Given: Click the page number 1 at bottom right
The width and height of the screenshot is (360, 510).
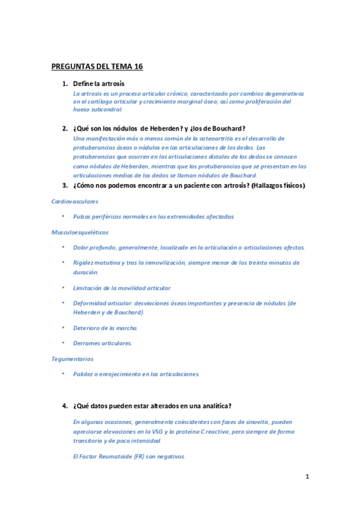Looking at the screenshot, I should click(307, 477).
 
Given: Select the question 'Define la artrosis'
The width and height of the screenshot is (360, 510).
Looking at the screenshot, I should click(99, 84).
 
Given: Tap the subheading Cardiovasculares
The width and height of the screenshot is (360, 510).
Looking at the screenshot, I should click(75, 201).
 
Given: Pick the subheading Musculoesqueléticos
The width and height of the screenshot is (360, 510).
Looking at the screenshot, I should click(80, 232).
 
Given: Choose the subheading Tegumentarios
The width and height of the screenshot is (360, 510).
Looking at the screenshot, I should click(72, 358).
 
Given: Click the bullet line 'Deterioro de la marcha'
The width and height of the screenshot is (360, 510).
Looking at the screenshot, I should click(105, 328).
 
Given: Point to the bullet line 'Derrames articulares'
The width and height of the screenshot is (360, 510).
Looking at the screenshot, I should click(102, 343).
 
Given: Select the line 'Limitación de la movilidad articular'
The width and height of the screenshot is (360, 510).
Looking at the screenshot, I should click(122, 288).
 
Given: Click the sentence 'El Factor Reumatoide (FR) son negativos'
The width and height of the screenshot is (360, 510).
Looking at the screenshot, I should click(129, 456).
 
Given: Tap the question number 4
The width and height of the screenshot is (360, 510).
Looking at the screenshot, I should click(64, 406).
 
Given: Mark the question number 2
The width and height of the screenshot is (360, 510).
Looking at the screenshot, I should click(64, 128).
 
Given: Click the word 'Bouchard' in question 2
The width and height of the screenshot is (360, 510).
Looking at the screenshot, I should click(228, 128).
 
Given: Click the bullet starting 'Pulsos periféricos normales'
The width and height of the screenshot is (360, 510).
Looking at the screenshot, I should click(153, 217).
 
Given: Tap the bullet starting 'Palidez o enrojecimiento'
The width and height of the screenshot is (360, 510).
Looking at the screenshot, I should click(136, 373).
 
